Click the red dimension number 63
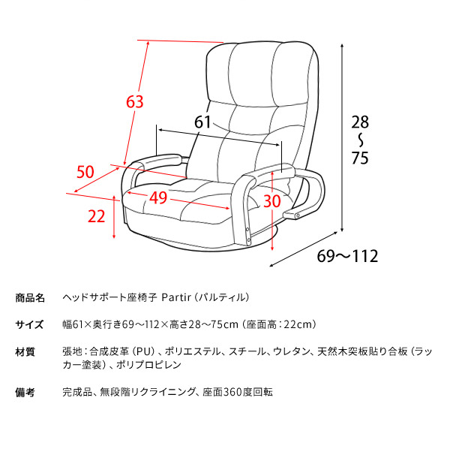pyautogui.click(x=134, y=101)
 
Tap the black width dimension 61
pyautogui.click(x=202, y=122)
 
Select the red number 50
pyautogui.click(x=85, y=172)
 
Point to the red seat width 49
pyautogui.click(x=158, y=197)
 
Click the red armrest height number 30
pyautogui.click(x=272, y=201)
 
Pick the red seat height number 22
pyautogui.click(x=97, y=216)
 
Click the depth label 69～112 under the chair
pyautogui.click(x=347, y=256)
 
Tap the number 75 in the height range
pyautogui.click(x=360, y=158)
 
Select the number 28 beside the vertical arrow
pyautogui.click(x=360, y=122)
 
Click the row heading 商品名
pyautogui.click(x=30, y=298)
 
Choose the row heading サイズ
pyautogui.click(x=29, y=324)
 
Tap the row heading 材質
pyautogui.click(x=25, y=351)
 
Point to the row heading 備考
pyautogui.click(x=25, y=392)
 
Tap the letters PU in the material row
pyautogui.click(x=143, y=351)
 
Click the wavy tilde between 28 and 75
pyautogui.click(x=361, y=140)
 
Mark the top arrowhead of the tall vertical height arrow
pyautogui.click(x=342, y=46)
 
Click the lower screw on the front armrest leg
pyautogui.click(x=248, y=240)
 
